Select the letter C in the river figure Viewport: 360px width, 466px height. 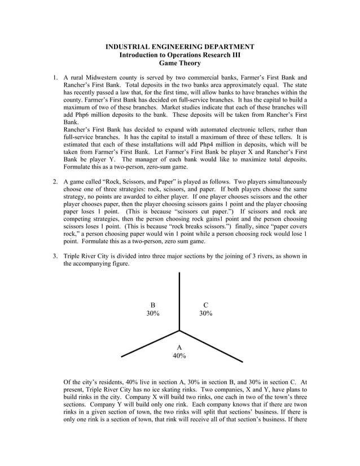pyautogui.click(x=205, y=305)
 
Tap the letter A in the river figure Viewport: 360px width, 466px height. pyautogui.click(x=179, y=348)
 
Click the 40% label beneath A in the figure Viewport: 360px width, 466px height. pyautogui.click(x=179, y=356)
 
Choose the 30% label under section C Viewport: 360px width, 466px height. pyautogui.click(x=205, y=314)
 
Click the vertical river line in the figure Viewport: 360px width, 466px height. pyautogui.click(x=179, y=299)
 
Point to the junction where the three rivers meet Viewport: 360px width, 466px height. pyautogui.click(x=179, y=331)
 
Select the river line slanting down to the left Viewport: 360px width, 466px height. pyautogui.click(x=150, y=344)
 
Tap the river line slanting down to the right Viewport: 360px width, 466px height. pyautogui.click(x=211, y=346)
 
